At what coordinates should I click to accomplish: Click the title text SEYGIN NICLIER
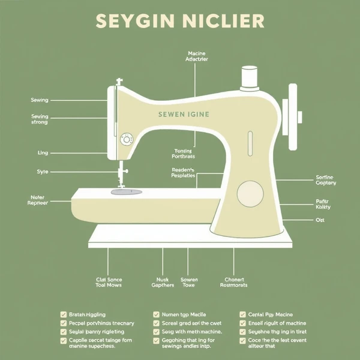179,21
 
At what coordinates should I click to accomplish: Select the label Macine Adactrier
196,57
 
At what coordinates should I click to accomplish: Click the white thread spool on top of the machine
250,77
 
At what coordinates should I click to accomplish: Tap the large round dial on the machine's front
249,194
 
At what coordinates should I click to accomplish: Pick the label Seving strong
40,119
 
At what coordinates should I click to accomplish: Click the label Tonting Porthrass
184,154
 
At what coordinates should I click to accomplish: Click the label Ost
319,220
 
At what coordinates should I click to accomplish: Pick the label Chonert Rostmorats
234,282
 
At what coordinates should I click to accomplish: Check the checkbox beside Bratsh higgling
63,314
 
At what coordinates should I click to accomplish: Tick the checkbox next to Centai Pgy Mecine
242,314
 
